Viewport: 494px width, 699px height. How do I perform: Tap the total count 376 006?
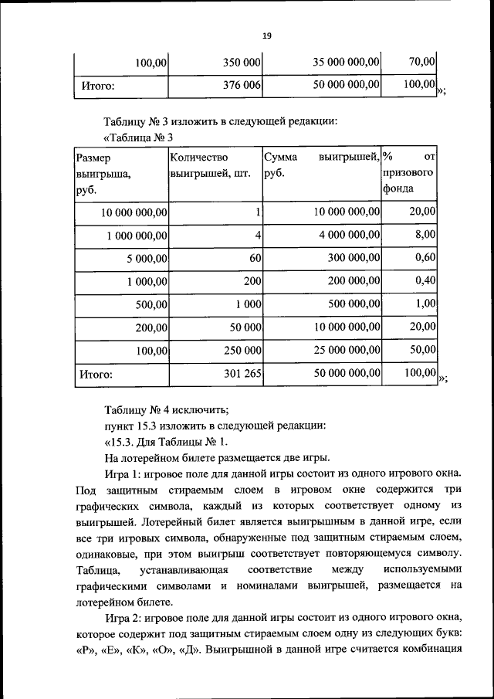point(242,86)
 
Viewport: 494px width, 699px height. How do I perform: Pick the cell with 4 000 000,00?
point(348,235)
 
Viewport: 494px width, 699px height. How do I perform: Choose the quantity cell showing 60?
point(255,259)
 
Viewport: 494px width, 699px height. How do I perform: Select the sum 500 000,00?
point(351,304)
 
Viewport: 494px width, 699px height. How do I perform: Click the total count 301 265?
point(242,375)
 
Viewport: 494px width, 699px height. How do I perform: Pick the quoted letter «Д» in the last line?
point(190,648)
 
